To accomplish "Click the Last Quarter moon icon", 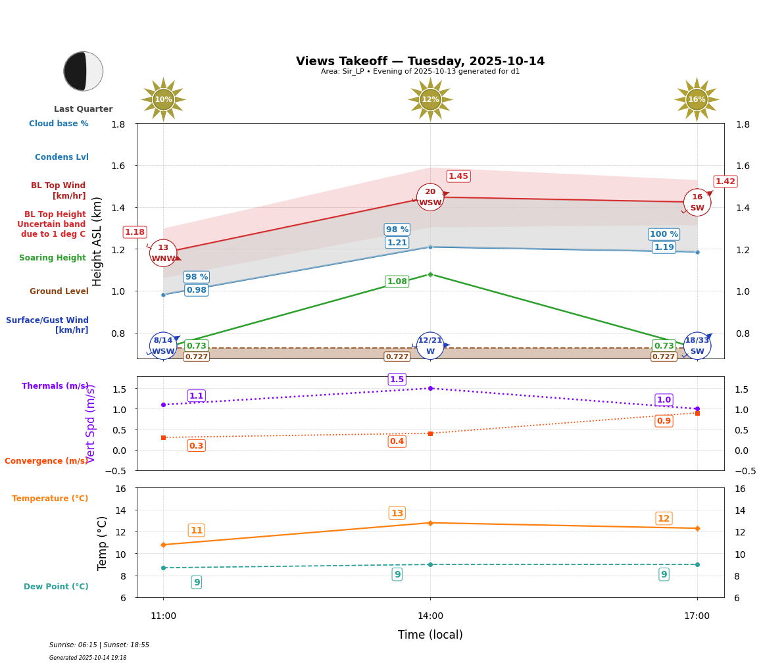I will click(x=83, y=71).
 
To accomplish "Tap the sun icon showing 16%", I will click(x=697, y=99).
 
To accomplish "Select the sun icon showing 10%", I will click(x=163, y=99).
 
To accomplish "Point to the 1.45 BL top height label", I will click(x=458, y=176).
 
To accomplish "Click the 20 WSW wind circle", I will click(x=430, y=197).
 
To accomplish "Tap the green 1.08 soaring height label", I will click(x=397, y=282).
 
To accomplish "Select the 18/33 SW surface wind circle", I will click(x=697, y=345).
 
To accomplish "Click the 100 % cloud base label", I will click(x=664, y=234).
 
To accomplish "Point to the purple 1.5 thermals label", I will click(x=397, y=380).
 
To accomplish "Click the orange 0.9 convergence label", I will click(x=664, y=421).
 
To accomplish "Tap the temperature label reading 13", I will click(x=397, y=513).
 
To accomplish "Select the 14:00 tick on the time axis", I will click(x=430, y=616).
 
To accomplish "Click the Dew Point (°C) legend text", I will click(x=56, y=587).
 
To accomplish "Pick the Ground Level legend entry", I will click(x=59, y=291).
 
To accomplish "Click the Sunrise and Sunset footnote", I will click(x=99, y=645).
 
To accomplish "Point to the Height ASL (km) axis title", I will click(x=97, y=241).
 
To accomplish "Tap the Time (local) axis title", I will click(x=430, y=635).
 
